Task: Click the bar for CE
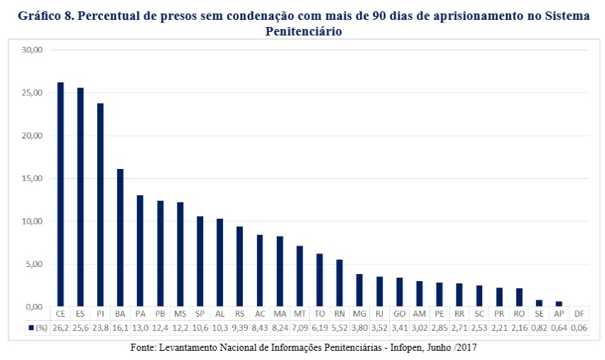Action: point(60,195)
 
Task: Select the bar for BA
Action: point(120,238)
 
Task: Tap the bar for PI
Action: point(100,205)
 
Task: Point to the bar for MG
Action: point(359,290)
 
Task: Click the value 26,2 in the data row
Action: point(60,328)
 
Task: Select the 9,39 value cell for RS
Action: point(240,328)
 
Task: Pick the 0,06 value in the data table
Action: point(579,328)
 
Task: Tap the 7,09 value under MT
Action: point(300,328)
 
